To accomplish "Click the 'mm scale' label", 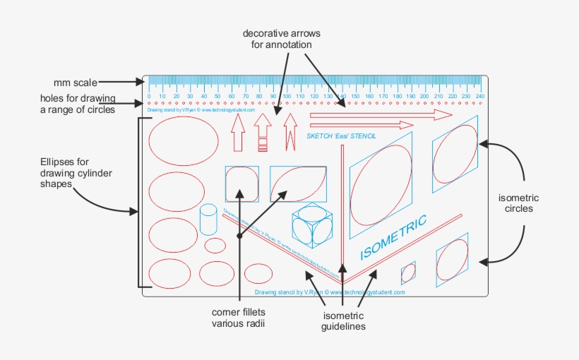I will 75,83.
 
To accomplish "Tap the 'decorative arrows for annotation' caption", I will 277,39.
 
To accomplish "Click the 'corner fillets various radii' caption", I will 243,318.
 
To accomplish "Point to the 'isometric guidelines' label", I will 344,321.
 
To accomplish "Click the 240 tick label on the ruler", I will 479,96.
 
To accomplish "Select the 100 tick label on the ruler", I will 287,96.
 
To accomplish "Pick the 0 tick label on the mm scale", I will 149,96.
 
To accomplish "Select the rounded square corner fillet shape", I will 241,184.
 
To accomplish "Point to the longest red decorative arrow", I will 381,114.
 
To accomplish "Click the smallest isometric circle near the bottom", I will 408,272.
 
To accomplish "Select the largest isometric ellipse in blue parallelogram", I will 381,185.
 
